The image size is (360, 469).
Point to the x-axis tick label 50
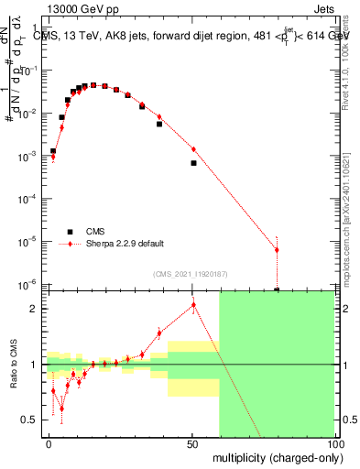click(x=192, y=444)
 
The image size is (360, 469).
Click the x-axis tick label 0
click(x=49, y=444)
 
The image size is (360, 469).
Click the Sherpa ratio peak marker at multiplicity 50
click(x=193, y=305)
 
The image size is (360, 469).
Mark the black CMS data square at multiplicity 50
click(x=193, y=163)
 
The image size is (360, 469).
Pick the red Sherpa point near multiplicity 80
click(x=277, y=250)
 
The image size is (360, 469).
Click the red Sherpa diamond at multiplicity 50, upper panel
click(x=193, y=149)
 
